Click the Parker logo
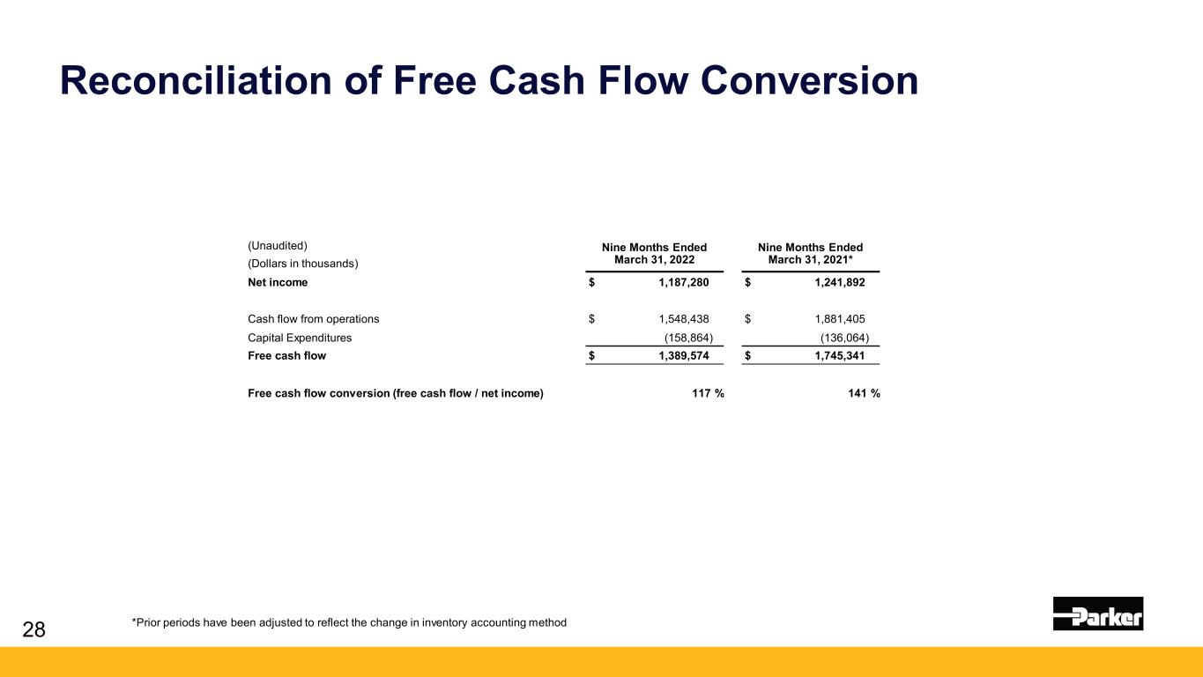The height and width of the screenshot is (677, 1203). pos(1098,614)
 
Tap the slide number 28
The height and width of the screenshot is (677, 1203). pos(33,629)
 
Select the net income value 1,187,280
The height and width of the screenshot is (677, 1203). pos(684,283)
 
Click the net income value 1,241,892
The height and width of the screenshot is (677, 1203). pos(840,283)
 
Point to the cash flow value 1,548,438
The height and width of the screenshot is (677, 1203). pos(684,319)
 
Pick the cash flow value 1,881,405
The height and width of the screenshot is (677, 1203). pos(840,319)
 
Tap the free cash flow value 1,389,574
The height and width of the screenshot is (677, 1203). pos(684,356)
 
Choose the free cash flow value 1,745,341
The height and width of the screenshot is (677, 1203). pos(840,356)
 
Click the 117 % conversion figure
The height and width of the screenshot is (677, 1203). pos(708,393)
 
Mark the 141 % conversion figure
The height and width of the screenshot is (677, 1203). pos(864,393)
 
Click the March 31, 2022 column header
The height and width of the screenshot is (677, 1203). pos(654,254)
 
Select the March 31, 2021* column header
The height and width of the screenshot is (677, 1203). pos(811,254)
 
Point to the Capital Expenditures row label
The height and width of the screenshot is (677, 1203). pos(300,338)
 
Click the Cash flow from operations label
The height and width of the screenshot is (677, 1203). pos(313,319)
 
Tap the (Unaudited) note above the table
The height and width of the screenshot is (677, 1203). pos(277,246)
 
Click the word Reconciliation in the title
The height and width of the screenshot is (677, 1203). pos(196,80)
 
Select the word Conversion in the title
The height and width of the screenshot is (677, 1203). pos(809,80)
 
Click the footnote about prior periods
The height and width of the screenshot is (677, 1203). pos(349,622)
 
